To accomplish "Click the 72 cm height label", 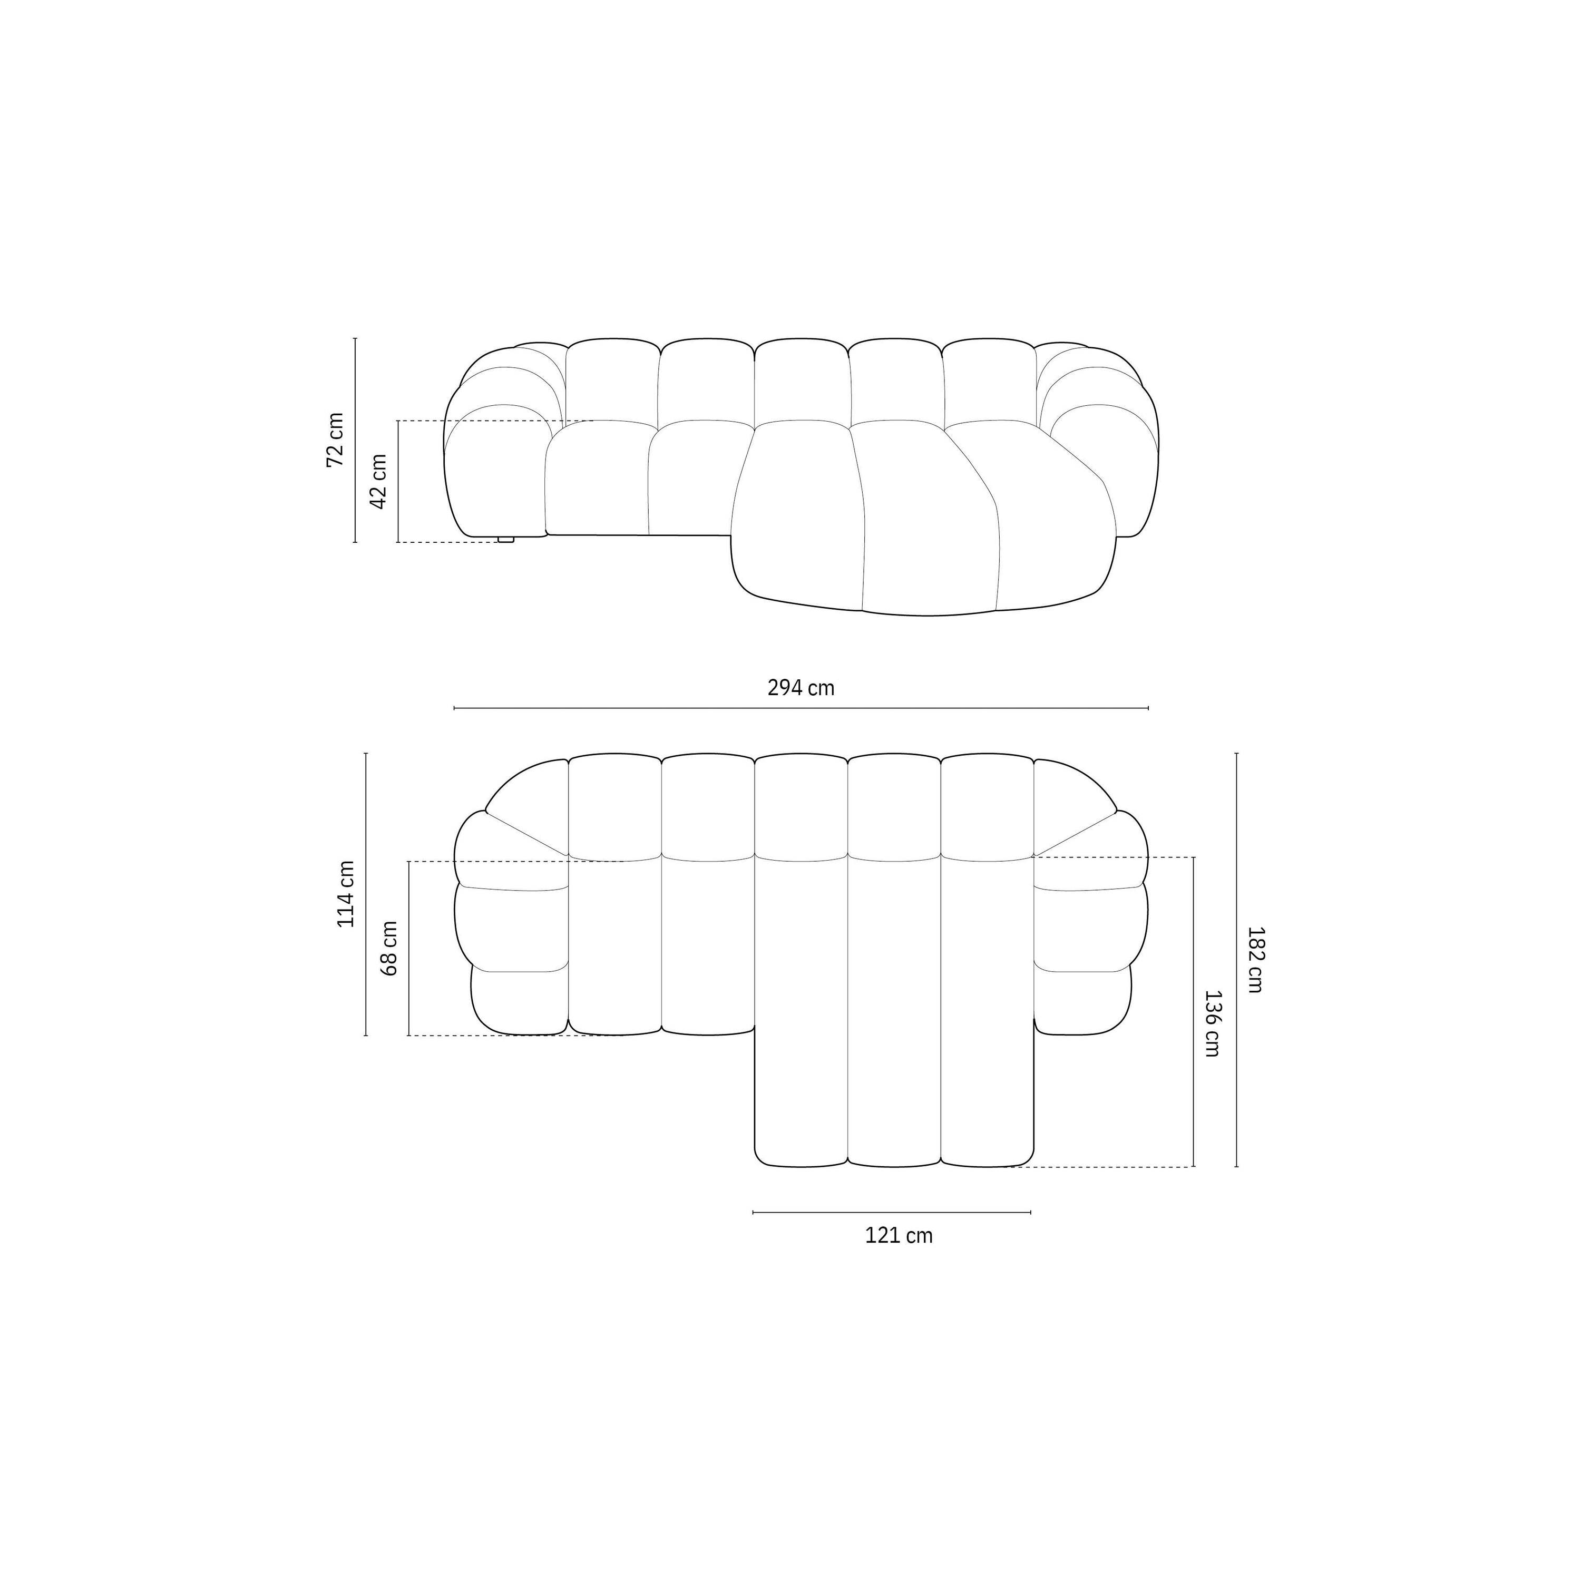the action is coord(336,440).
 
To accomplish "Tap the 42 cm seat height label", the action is coord(378,481).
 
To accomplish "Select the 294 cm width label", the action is coord(801,687).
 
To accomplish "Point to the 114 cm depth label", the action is coord(346,894).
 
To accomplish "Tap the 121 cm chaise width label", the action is coord(899,1236).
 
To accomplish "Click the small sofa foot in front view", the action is coord(506,539).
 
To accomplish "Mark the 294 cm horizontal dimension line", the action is coord(801,708).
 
